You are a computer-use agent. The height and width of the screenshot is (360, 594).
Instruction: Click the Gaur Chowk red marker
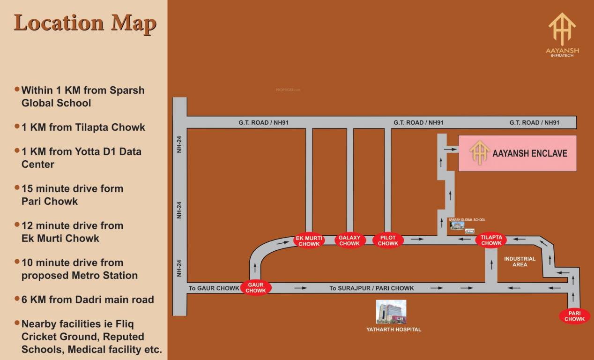pos(256,287)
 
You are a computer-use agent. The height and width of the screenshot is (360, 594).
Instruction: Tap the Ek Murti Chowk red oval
pos(309,240)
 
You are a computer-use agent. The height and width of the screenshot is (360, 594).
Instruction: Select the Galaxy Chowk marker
pos(349,240)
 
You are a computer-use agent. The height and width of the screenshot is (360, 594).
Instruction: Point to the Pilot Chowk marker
pos(388,240)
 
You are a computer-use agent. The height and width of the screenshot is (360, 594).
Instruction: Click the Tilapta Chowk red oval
pos(491,240)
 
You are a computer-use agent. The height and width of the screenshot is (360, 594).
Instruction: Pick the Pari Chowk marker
pos(574,316)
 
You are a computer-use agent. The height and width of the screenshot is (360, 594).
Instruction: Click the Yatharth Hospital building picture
pos(391,312)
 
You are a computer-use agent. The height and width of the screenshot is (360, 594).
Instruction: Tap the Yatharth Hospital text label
pos(394,330)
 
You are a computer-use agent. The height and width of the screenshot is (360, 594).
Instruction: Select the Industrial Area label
pos(520,262)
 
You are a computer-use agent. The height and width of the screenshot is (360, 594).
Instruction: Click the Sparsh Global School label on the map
pos(467,220)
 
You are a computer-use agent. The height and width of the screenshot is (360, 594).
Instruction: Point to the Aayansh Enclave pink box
pos(517,153)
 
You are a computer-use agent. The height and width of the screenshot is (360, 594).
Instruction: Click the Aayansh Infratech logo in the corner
pos(562,35)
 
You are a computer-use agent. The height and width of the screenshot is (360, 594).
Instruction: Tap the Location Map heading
pos(85,23)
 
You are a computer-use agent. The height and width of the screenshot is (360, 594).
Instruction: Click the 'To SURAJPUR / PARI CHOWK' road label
pos(371,288)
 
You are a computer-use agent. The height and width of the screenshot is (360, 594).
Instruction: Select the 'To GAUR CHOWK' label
pos(214,288)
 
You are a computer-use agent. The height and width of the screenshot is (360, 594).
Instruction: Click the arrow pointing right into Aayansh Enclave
pos(450,150)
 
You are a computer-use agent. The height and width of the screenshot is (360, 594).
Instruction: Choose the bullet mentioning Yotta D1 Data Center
pos(81,158)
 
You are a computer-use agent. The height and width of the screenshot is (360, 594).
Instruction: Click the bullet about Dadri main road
pos(88,300)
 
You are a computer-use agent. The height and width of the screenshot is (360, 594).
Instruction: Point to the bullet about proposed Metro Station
pos(80,269)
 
